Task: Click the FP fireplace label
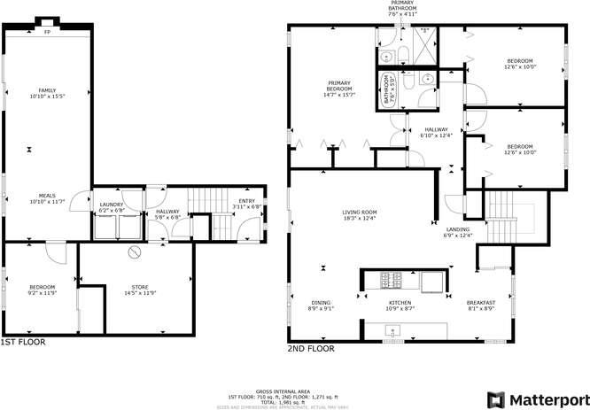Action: point(47,33)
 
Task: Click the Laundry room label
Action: point(111,207)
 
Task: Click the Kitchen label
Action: point(400,305)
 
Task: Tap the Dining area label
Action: point(320,305)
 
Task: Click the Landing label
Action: point(458,232)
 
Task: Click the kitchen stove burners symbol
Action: point(390,282)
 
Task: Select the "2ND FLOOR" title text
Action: point(310,349)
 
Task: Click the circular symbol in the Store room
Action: point(135,253)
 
